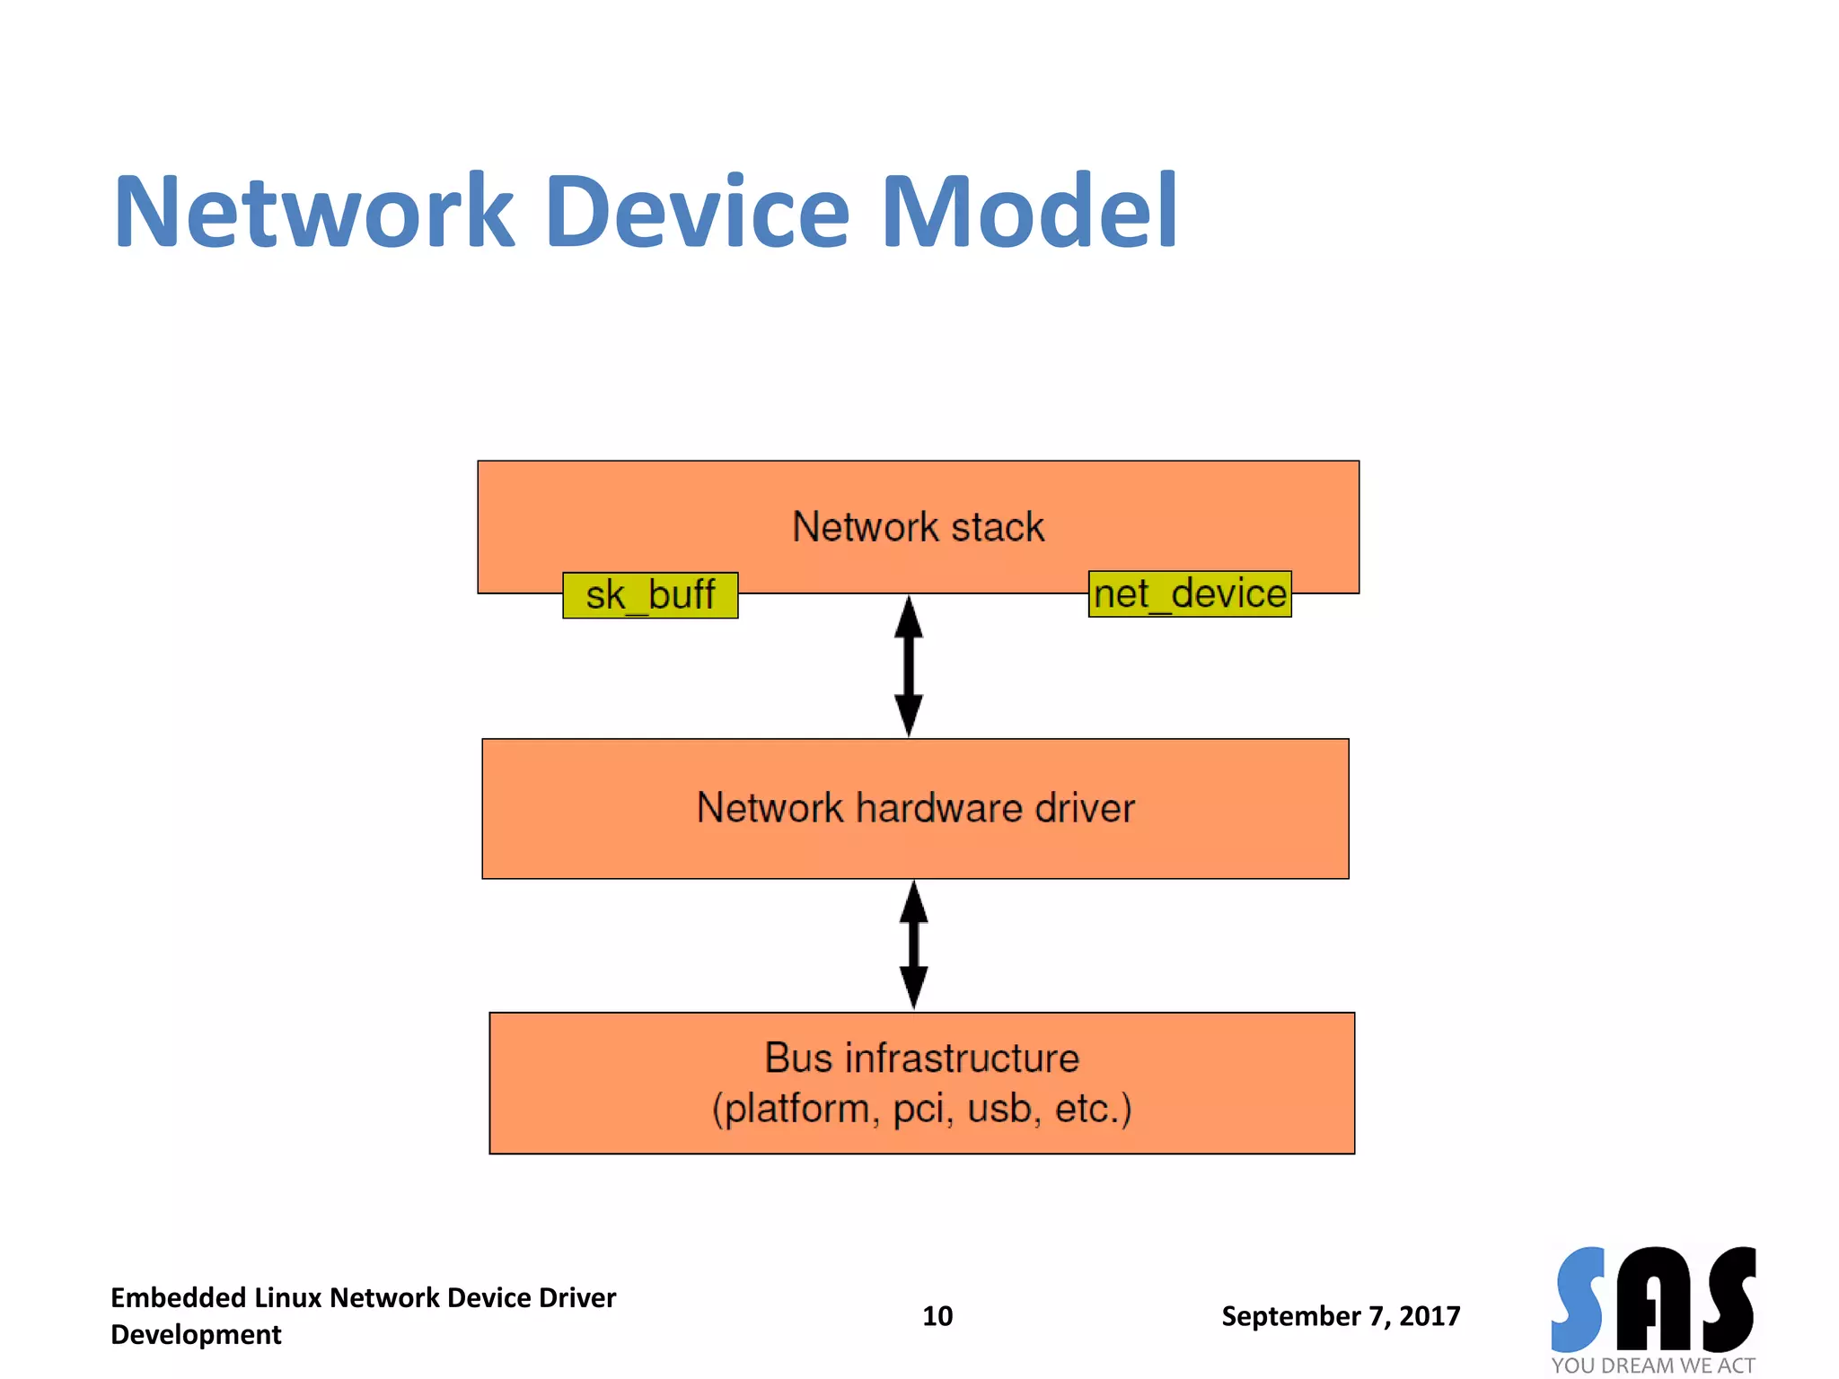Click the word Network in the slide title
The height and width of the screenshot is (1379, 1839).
coord(314,212)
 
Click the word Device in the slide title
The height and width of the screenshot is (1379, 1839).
coord(697,212)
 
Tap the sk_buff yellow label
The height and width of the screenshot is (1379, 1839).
coord(650,595)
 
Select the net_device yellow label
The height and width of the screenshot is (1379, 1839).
coord(1190,594)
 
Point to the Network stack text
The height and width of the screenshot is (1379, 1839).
coord(918,527)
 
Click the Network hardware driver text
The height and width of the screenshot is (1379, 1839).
coord(915,808)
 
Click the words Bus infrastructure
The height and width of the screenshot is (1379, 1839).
coord(921,1058)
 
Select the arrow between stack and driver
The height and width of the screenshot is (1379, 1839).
coord(909,665)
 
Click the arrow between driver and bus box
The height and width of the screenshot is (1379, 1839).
coord(913,944)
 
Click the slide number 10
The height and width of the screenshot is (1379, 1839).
coord(937,1316)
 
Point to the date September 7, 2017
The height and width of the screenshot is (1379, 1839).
coord(1341,1316)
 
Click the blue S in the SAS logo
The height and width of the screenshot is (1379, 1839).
coord(1579,1298)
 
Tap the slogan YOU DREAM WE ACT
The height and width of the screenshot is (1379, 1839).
coord(1652,1366)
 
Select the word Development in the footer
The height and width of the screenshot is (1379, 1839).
coord(196,1335)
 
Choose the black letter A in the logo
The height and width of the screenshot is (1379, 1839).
coord(1653,1298)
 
